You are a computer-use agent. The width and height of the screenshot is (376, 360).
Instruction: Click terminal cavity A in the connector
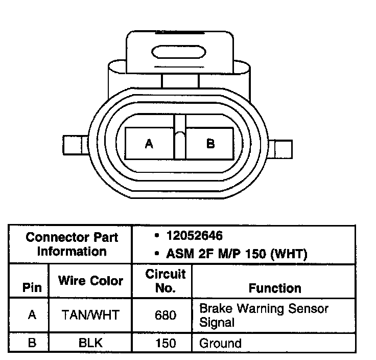pos(150,144)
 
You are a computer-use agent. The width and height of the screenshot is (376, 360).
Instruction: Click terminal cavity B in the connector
pos(210,144)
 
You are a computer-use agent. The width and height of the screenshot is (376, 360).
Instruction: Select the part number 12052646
pos(194,236)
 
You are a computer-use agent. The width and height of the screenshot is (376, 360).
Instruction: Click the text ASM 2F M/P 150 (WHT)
pos(237,253)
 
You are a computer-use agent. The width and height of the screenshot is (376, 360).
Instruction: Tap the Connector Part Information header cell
pos(72,244)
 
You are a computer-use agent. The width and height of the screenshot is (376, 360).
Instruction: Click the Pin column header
pos(32,287)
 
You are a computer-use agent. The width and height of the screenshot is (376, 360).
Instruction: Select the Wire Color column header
pos(90,281)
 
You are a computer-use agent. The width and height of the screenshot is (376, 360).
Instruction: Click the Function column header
pos(275,288)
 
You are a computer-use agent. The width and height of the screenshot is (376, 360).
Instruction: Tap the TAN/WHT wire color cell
pos(90,316)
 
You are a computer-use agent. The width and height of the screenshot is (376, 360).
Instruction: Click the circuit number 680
pos(165,316)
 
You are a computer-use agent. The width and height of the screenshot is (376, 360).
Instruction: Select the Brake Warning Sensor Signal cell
pos(264,315)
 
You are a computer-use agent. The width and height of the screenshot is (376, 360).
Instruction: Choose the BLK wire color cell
pos(90,342)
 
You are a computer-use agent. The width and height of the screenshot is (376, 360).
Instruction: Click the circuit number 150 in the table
pos(165,342)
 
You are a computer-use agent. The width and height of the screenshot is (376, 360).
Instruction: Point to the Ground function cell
pos(220,342)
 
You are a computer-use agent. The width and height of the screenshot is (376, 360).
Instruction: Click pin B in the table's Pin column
pos(32,342)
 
